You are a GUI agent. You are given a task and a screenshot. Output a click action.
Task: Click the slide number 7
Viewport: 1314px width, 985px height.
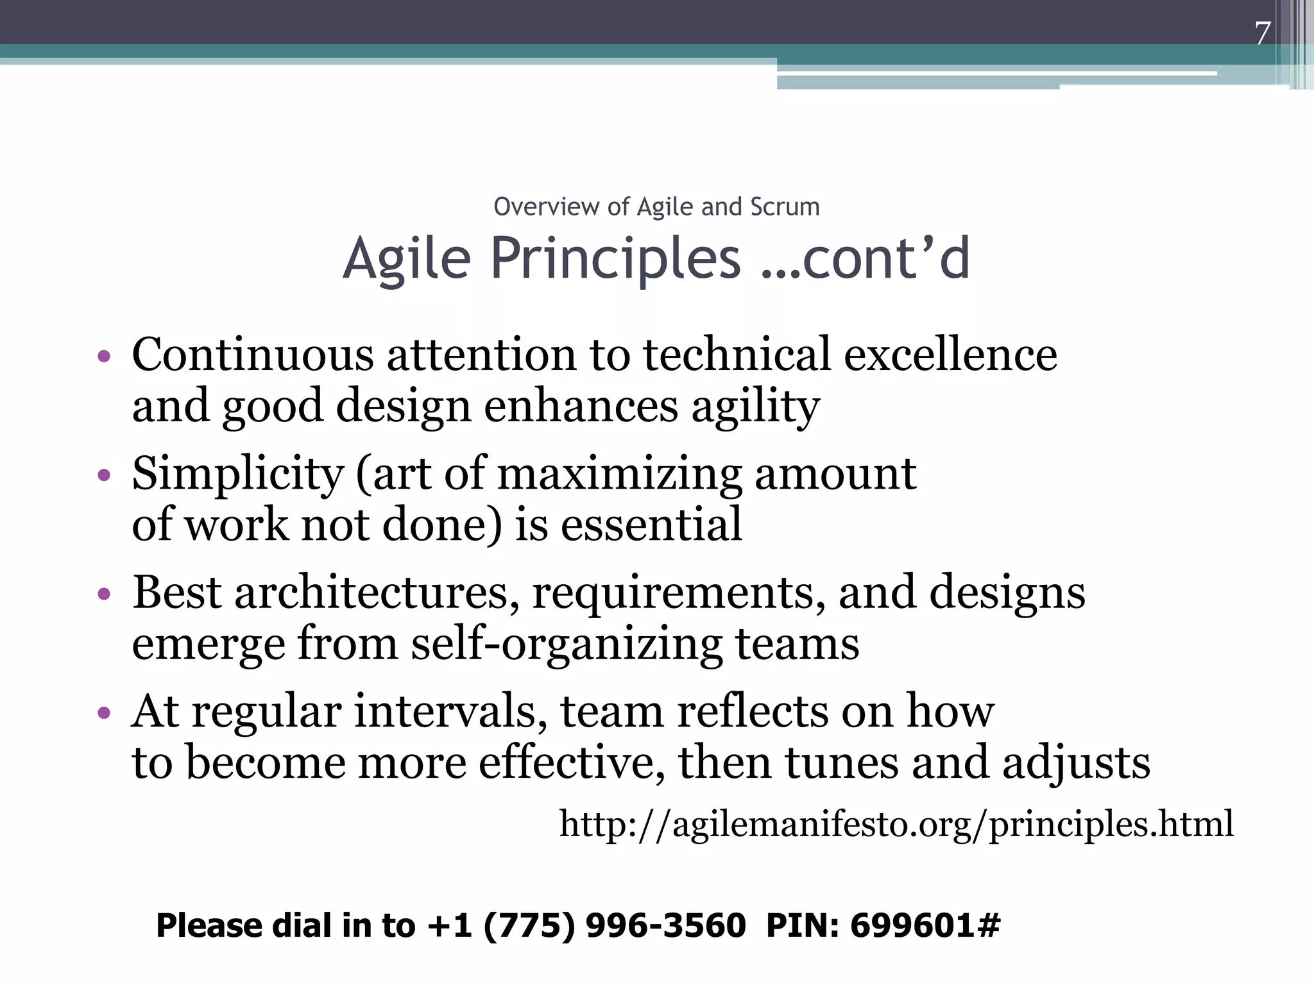pos(1262,33)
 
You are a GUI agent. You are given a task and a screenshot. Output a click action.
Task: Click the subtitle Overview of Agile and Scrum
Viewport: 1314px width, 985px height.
pos(656,207)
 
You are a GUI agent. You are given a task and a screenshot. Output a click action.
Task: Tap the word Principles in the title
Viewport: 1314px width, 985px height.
pos(615,258)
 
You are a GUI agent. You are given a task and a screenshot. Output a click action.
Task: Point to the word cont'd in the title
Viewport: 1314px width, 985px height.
pos(886,258)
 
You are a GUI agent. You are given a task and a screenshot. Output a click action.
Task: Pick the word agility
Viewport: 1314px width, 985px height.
pos(755,407)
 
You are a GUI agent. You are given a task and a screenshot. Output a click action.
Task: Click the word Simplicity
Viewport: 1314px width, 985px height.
pos(238,474)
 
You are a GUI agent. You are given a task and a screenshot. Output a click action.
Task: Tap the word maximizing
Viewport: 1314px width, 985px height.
pos(619,474)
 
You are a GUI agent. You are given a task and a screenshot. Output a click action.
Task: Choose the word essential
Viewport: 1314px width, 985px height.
pos(651,525)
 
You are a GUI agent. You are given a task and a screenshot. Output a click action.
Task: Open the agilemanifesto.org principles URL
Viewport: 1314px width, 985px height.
pos(896,824)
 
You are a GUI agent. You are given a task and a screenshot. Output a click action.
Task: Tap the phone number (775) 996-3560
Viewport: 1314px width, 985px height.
pos(614,925)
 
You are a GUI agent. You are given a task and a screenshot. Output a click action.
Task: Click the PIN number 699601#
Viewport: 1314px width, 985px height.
pos(925,925)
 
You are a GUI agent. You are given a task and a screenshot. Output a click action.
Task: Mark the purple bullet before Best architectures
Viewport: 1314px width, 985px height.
pos(104,594)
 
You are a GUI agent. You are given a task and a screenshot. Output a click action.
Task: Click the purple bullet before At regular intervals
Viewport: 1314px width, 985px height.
pos(104,713)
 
